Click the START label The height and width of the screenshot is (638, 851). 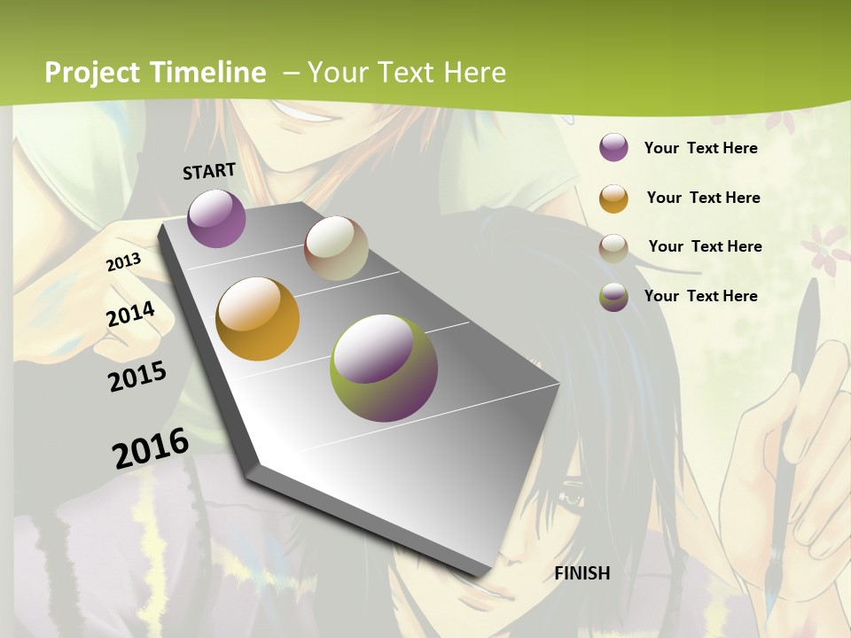click(x=209, y=171)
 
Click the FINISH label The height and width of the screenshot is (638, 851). click(x=582, y=573)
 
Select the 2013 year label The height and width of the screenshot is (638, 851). click(x=124, y=262)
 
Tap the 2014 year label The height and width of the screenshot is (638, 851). click(x=131, y=315)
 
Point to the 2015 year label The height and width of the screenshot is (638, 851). click(x=137, y=377)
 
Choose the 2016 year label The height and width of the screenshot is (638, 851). click(x=151, y=448)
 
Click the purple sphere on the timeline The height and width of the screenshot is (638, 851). click(x=216, y=218)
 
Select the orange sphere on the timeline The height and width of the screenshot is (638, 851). click(x=258, y=319)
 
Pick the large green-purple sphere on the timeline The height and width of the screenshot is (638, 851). click(x=384, y=368)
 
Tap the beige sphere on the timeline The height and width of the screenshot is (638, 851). click(x=336, y=248)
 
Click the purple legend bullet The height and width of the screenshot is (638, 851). click(x=613, y=148)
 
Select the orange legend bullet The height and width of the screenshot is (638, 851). click(x=613, y=198)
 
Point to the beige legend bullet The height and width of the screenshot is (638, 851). click(x=613, y=247)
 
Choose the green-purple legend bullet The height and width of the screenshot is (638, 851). click(x=613, y=297)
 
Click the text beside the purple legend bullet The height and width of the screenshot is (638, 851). click(x=700, y=148)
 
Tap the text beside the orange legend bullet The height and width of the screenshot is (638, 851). click(x=703, y=198)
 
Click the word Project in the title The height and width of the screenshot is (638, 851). click(x=92, y=73)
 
